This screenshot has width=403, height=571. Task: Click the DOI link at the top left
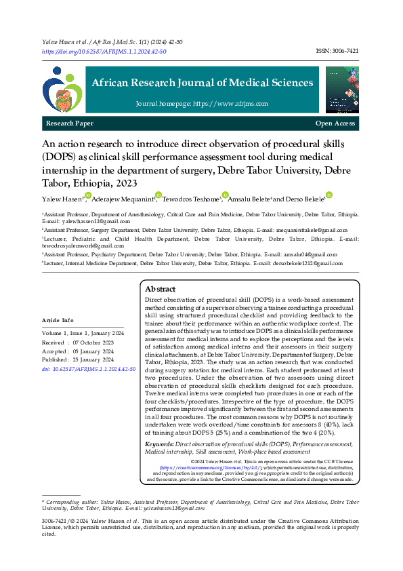pyautogui.click(x=104, y=51)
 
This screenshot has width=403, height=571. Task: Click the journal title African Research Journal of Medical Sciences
pyautogui.click(x=203, y=83)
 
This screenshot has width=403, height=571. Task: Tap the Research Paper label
pyautogui.click(x=70, y=123)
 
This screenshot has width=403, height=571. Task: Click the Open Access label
pyautogui.click(x=335, y=123)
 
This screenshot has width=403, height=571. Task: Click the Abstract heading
pyautogui.click(x=161, y=289)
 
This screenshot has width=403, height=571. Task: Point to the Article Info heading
pyautogui.click(x=58, y=319)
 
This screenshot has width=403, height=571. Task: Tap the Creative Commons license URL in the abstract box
pyautogui.click(x=200, y=468)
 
